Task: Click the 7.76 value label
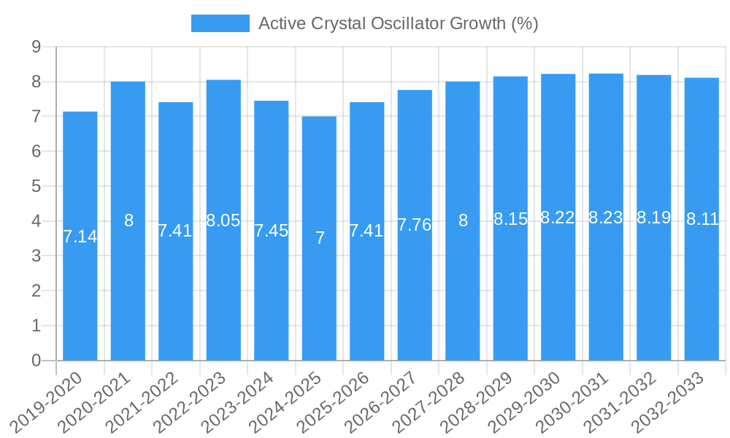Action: pyautogui.click(x=415, y=225)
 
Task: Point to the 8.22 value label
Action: pyautogui.click(x=558, y=218)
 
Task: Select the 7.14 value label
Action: pyautogui.click(x=80, y=237)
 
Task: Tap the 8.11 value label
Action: pyautogui.click(x=702, y=219)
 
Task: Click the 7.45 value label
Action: pyautogui.click(x=272, y=231)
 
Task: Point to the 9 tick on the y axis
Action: pyautogui.click(x=36, y=47)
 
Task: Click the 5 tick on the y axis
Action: pyautogui.click(x=36, y=186)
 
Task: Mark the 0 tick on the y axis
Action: pyautogui.click(x=36, y=361)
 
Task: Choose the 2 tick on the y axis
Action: pyautogui.click(x=36, y=291)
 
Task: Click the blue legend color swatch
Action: pyautogui.click(x=220, y=23)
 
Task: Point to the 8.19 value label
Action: pyautogui.click(x=653, y=218)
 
